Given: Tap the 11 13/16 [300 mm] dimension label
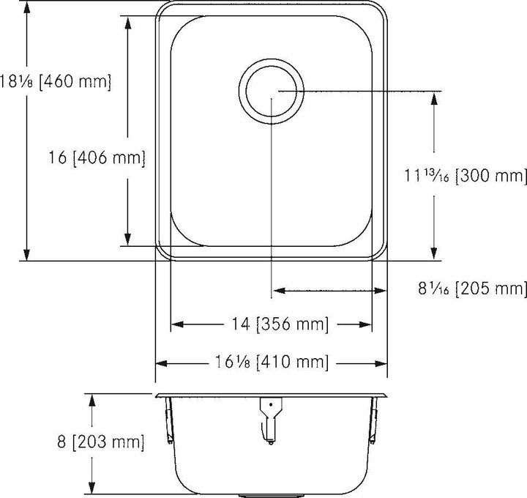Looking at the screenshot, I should point(466,176).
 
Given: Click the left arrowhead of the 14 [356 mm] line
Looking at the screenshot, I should point(176,324).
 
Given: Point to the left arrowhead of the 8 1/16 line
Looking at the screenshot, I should point(277,291).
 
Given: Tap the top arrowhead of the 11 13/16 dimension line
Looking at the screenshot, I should point(435,96).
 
